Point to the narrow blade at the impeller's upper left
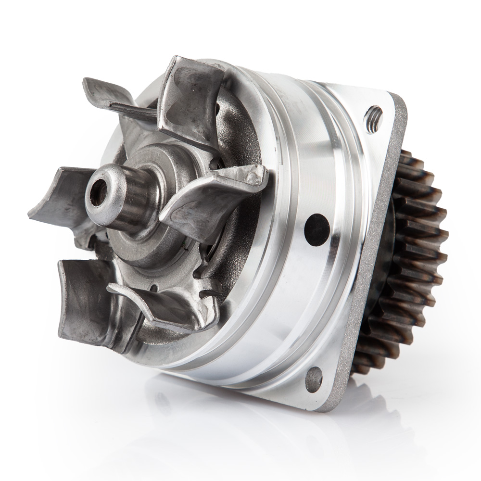pyautogui.click(x=115, y=101)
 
